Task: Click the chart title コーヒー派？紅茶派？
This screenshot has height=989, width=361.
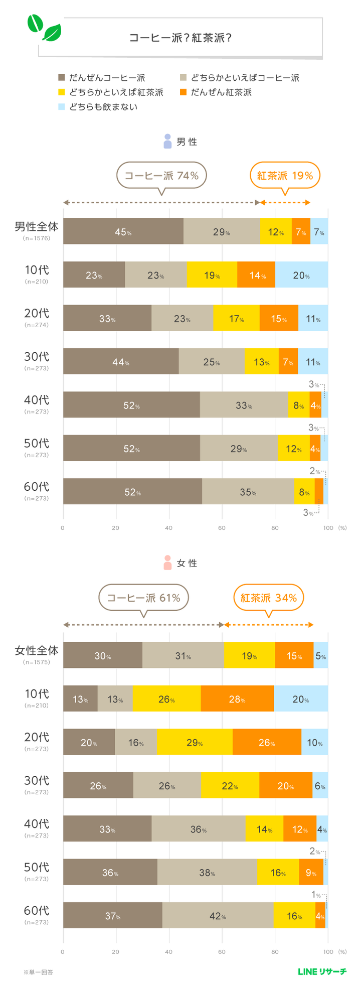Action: coord(180,38)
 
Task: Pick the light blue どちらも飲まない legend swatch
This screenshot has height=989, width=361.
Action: coord(62,107)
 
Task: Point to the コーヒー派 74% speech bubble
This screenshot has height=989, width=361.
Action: coord(161,176)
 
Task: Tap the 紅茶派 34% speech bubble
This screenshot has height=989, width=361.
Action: coord(269,598)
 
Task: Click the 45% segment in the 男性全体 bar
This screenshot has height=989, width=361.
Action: coord(123,232)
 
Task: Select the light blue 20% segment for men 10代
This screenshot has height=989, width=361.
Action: coord(301,275)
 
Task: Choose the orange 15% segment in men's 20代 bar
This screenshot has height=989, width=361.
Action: coord(279,318)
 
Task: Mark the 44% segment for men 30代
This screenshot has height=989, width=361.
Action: coord(121,361)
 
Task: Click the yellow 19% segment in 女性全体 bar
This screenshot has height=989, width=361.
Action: coord(249,655)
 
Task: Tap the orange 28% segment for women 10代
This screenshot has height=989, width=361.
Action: coord(237,698)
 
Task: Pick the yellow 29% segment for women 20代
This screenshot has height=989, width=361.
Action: coord(195,742)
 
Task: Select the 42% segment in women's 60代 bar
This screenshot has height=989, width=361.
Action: coord(218,915)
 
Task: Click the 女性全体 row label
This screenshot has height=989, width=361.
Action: coord(37,650)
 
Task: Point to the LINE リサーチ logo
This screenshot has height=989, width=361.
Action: coord(322,971)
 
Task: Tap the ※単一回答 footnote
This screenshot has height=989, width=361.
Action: coord(38,972)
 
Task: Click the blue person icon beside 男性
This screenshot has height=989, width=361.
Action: coord(167,142)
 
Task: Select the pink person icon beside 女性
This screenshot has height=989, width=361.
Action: coord(167,563)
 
